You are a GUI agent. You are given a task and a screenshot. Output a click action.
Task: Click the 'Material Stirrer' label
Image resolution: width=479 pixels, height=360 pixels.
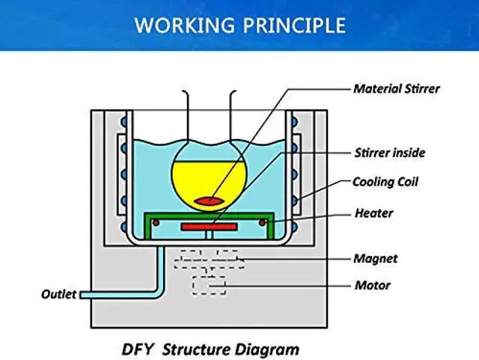pyautogui.click(x=396, y=89)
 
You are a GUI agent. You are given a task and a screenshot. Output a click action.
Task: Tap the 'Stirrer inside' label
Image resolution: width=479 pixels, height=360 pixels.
pyautogui.click(x=389, y=153)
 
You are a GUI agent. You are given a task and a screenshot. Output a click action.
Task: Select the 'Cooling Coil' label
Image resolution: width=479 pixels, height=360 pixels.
pyautogui.click(x=385, y=182)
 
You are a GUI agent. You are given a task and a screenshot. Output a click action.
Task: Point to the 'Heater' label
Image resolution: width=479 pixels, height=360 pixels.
pyautogui.click(x=374, y=213)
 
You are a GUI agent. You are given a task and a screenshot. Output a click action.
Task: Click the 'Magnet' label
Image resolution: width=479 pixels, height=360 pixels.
pyautogui.click(x=375, y=259)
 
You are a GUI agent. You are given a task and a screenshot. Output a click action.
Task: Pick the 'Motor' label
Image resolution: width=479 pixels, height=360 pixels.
pyautogui.click(x=371, y=285)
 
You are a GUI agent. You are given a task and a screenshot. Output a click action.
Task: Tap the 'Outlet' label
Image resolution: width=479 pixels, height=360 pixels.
pyautogui.click(x=58, y=294)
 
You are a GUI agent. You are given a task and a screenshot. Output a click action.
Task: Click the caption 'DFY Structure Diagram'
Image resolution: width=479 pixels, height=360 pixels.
pyautogui.click(x=210, y=349)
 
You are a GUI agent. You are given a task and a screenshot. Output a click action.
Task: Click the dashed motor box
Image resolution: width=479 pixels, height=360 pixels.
pyautogui.click(x=209, y=285)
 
